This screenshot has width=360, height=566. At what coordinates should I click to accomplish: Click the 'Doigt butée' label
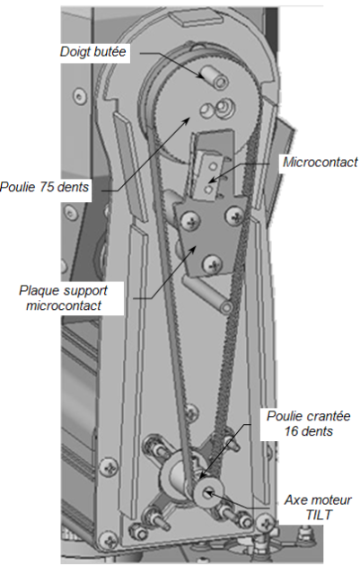click(x=93, y=51)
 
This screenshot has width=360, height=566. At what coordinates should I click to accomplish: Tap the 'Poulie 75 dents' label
click(x=44, y=187)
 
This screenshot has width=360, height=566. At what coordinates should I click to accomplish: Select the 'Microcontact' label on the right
click(x=320, y=162)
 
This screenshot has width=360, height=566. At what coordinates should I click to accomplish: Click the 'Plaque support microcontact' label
click(x=64, y=298)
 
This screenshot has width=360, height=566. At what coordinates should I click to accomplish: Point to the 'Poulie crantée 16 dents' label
click(x=309, y=423)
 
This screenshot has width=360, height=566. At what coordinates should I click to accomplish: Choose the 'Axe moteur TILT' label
click(x=318, y=508)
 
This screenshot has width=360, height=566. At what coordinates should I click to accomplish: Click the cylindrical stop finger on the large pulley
click(x=215, y=77)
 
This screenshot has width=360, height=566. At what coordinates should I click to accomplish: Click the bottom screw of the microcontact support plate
click(x=211, y=264)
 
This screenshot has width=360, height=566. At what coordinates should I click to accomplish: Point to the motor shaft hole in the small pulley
click(x=209, y=491)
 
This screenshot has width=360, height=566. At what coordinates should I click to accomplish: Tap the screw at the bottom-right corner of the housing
click(x=267, y=522)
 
